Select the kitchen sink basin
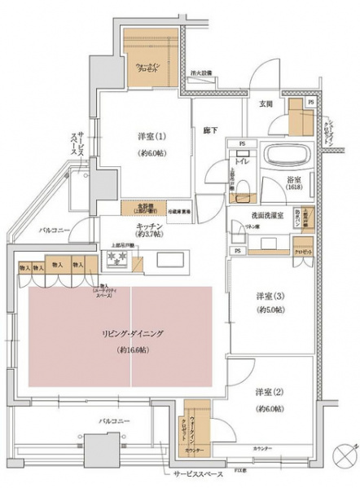(171, 260)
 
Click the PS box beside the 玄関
(310, 103)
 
